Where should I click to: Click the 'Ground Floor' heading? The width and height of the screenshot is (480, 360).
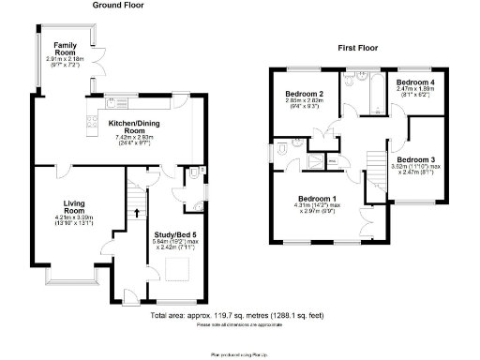118,5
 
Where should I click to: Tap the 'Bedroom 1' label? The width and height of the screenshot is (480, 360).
316,199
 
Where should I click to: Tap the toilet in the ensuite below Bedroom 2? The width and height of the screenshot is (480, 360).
283,147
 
